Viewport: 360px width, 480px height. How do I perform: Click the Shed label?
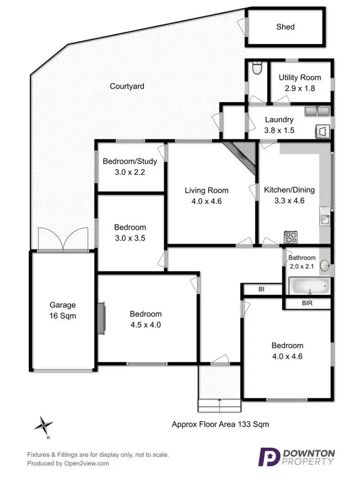click(x=285, y=27)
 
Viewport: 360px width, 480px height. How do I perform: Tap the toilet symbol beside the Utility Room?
click(x=256, y=70)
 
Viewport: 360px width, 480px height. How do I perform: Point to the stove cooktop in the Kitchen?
click(x=291, y=236)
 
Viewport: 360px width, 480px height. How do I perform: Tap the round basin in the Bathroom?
click(x=325, y=265)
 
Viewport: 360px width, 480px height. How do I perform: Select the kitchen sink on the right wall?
click(x=325, y=219)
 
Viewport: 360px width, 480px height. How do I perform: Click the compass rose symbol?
click(x=44, y=424)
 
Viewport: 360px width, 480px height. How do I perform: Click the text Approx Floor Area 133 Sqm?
click(x=220, y=424)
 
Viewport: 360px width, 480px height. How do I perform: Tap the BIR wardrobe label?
click(x=308, y=304)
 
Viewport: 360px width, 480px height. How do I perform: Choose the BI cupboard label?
click(x=261, y=289)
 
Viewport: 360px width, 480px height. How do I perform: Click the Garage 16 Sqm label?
click(x=63, y=310)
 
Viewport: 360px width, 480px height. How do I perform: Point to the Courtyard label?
click(x=127, y=86)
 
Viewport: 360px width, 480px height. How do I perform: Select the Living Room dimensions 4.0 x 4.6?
click(x=206, y=202)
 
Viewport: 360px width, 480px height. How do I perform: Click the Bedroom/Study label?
click(x=130, y=161)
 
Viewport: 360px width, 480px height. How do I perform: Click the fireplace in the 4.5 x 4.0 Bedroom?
click(x=101, y=318)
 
